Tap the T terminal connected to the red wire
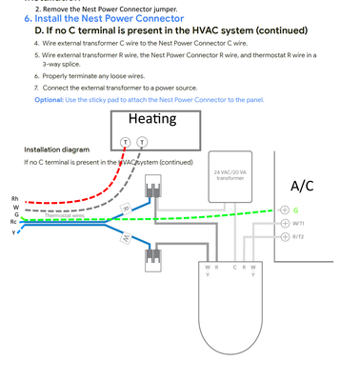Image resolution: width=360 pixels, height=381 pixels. coord(125,142)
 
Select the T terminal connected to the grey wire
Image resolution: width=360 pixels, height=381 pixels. coord(142,142)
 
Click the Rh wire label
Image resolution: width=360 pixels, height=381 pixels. coord(13,198)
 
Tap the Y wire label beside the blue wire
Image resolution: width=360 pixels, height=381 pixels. coord(14,232)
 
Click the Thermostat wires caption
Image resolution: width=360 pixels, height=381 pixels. coord(65,215)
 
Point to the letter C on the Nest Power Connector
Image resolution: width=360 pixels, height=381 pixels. coord(235,271)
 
